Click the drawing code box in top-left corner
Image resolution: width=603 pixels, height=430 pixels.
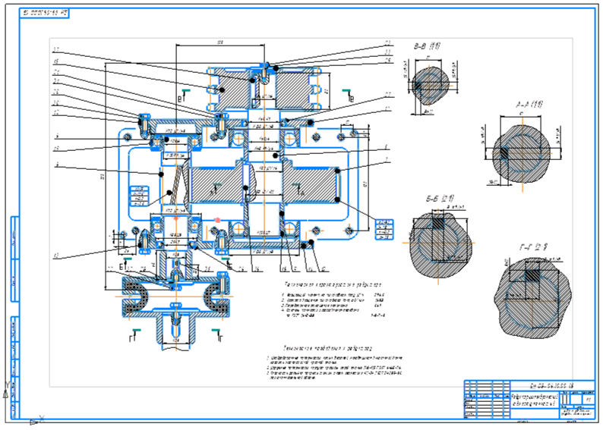(52, 14)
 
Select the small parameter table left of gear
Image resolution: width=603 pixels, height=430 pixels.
(139, 196)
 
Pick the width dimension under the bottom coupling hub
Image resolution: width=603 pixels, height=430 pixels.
(176, 341)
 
